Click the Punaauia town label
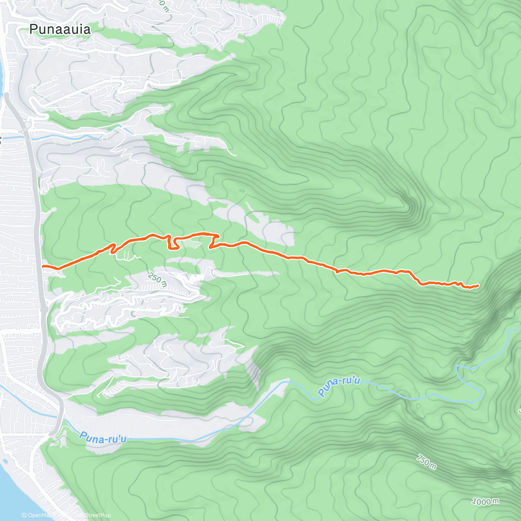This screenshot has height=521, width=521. click(60, 30)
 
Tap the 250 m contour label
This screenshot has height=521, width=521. click(157, 279)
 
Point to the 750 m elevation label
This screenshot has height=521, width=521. click(426, 462)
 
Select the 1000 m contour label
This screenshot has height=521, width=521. click(485, 502)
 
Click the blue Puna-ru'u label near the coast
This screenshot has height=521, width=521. click(103, 438)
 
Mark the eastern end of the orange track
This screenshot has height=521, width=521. click(478, 285)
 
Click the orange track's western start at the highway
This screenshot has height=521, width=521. click(43, 266)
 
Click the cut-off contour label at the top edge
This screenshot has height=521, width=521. click(163, 5)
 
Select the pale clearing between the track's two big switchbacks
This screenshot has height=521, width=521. click(191, 244)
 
